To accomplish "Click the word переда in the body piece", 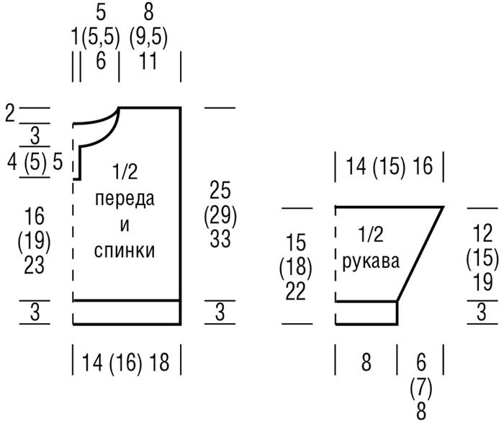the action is point(124,199).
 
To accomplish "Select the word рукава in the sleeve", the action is point(370,260).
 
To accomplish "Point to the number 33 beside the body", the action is point(220,238).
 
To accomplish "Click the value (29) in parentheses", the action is point(220,215).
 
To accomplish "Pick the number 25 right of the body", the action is point(220,191).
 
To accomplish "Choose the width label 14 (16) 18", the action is point(126,361).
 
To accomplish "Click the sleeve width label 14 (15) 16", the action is point(388,167).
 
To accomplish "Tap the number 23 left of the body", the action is point(34,264).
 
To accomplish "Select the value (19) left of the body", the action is point(34,240).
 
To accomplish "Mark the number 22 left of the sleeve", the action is point(295,291).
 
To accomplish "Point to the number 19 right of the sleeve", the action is point(482,281).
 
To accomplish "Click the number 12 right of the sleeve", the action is point(482,233).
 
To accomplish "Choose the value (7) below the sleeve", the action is point(420,389).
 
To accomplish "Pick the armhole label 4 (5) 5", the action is point(35,161).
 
